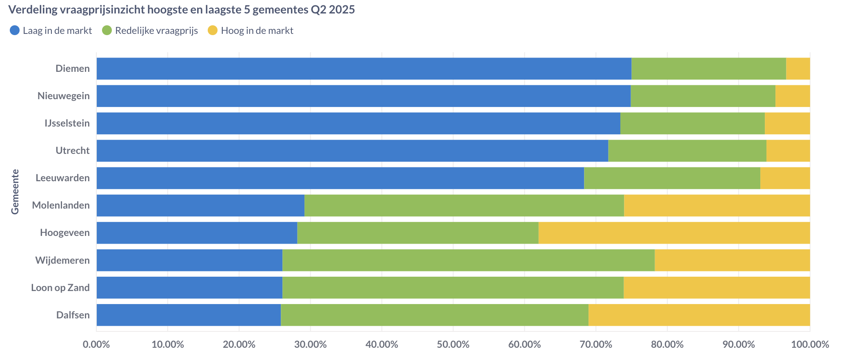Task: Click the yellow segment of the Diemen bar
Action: pyautogui.click(x=798, y=69)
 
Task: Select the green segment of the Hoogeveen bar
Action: pyautogui.click(x=418, y=233)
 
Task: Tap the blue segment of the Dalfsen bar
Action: pyautogui.click(x=189, y=315)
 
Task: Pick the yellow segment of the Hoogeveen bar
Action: pyautogui.click(x=674, y=233)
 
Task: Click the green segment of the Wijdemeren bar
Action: pyautogui.click(x=468, y=260)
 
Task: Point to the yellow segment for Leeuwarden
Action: pyautogui.click(x=785, y=178)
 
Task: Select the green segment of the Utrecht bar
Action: pyautogui.click(x=687, y=151)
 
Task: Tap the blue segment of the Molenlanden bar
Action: pyautogui.click(x=200, y=205)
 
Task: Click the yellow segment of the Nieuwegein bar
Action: pyautogui.click(x=793, y=96)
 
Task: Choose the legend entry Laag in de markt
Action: pyautogui.click(x=57, y=31)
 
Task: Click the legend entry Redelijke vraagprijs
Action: pyautogui.click(x=156, y=31)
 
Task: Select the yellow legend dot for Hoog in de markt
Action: pyautogui.click(x=213, y=31)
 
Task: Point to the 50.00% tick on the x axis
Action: pyautogui.click(x=453, y=344)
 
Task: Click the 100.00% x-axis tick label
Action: pyautogui.click(x=810, y=344)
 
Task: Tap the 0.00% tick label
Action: pyautogui.click(x=96, y=344)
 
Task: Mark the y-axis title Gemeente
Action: pyautogui.click(x=15, y=191)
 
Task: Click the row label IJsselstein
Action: pyautogui.click(x=67, y=123)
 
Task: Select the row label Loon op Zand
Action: pyautogui.click(x=60, y=287)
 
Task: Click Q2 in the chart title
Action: pyautogui.click(x=318, y=10)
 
